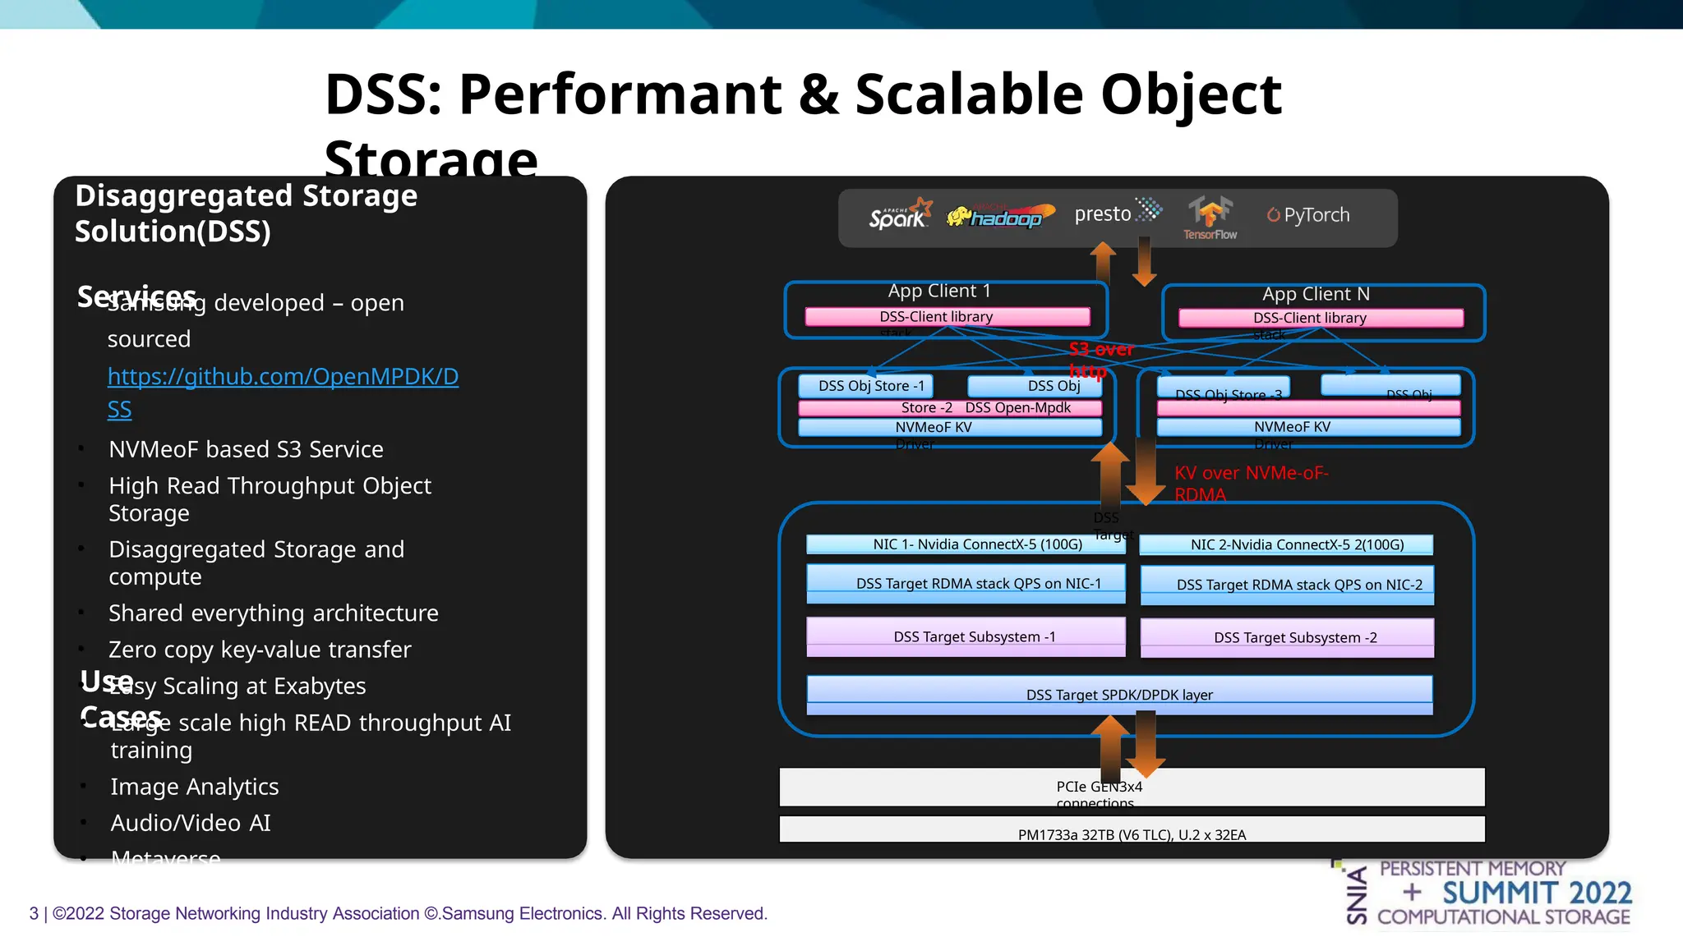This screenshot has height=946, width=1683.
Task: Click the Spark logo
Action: click(900, 215)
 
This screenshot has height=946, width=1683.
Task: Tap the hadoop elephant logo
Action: click(999, 216)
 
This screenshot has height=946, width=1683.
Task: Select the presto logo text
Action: click(1103, 214)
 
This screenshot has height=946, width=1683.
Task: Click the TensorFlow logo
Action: click(1210, 218)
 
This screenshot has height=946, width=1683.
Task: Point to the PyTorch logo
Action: click(1308, 215)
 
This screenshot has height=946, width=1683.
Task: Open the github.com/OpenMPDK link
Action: click(283, 377)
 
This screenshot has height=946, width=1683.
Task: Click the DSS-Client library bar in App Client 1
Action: click(947, 317)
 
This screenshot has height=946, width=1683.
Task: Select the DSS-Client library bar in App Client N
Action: click(1321, 319)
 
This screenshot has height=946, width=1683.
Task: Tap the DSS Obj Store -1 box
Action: click(866, 386)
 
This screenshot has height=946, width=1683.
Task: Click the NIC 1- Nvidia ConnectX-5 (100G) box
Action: click(966, 544)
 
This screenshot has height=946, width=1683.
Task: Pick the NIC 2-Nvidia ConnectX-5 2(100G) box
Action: click(1286, 544)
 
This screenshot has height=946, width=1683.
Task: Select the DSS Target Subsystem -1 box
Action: click(966, 636)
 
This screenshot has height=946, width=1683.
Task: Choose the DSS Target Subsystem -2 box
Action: click(1287, 638)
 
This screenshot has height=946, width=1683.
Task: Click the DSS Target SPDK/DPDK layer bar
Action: click(1119, 694)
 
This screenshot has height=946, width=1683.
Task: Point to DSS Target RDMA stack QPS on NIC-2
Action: click(1287, 585)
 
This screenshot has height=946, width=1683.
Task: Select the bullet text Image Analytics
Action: click(195, 787)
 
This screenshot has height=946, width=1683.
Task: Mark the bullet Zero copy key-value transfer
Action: click(260, 650)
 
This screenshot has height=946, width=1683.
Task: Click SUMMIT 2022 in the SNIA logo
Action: click(1536, 893)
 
